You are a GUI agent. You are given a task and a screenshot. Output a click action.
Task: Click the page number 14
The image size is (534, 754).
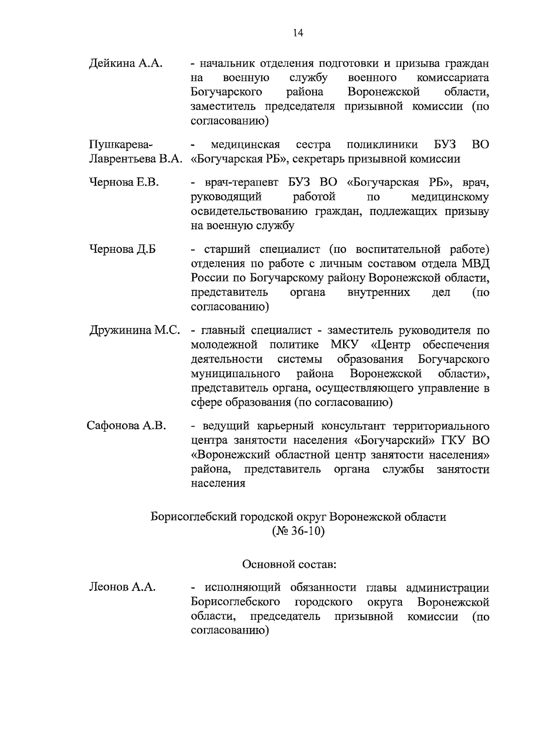click(x=298, y=33)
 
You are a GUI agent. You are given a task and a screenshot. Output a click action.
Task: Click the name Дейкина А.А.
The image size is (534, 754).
click(x=126, y=63)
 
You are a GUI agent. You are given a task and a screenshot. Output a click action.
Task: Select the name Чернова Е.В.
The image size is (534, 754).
click(x=124, y=182)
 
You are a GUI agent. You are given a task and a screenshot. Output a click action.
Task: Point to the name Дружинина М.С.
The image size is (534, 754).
click(x=135, y=331)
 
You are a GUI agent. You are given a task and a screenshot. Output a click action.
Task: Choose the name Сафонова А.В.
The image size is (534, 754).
click(x=126, y=426)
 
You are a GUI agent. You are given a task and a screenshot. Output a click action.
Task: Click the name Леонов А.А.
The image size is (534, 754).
click(x=122, y=587)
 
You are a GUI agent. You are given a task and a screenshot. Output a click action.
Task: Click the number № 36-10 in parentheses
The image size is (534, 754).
click(x=298, y=532)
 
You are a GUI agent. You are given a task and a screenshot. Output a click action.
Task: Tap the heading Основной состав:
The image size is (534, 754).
click(x=289, y=564)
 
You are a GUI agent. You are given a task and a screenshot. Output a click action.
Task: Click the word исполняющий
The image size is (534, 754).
click(x=242, y=588)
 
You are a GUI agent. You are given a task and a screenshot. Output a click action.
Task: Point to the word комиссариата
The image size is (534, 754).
click(x=453, y=78)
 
